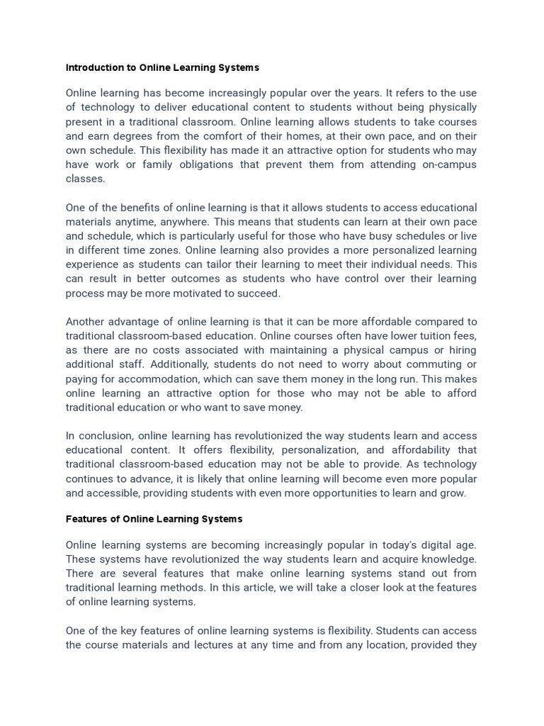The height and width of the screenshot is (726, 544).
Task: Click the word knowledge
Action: click(447, 559)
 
